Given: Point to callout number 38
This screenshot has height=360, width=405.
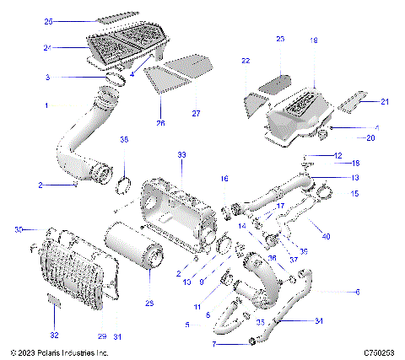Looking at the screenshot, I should coord(124,139).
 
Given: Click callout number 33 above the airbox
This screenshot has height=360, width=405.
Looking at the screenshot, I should coord(181,155).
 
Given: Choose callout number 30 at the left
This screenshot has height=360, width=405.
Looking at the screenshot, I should coord(18,229).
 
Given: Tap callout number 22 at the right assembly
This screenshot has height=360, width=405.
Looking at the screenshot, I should coord(245,62).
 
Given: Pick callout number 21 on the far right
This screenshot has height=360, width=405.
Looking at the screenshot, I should coord(385,102).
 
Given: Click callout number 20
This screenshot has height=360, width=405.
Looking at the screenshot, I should coord(370,137).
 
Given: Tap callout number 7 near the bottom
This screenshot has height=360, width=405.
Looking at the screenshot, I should coord(191,344).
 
